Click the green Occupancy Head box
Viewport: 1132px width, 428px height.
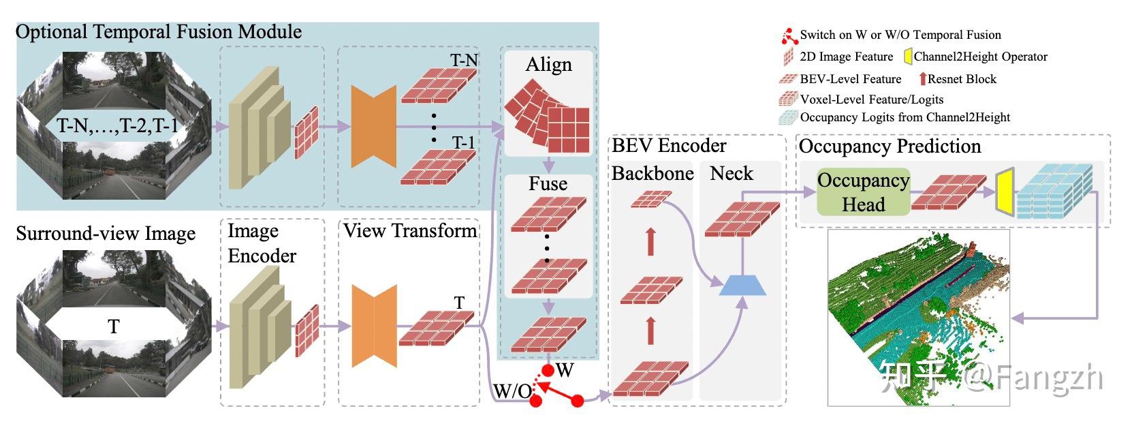863,192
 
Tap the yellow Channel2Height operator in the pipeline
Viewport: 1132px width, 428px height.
1003,193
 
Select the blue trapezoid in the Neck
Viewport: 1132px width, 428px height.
742,284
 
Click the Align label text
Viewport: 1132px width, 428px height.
548,65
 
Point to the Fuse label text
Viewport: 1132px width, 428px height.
548,183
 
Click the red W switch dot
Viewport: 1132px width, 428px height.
547,371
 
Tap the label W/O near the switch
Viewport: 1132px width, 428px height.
512,391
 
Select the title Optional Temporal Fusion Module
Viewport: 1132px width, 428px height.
158,31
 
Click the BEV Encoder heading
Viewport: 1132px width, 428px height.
669,145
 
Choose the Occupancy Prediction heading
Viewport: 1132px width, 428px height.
890,146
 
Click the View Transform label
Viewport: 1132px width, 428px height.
410,230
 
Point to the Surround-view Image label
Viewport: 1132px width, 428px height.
106,233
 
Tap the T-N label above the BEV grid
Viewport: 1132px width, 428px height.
464,61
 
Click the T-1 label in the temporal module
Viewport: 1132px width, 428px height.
463,142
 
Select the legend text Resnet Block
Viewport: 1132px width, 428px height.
962,79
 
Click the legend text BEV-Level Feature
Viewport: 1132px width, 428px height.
850,79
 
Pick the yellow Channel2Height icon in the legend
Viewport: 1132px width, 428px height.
908,57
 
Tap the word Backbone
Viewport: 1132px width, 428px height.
652,173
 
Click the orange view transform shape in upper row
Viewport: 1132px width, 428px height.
373,127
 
